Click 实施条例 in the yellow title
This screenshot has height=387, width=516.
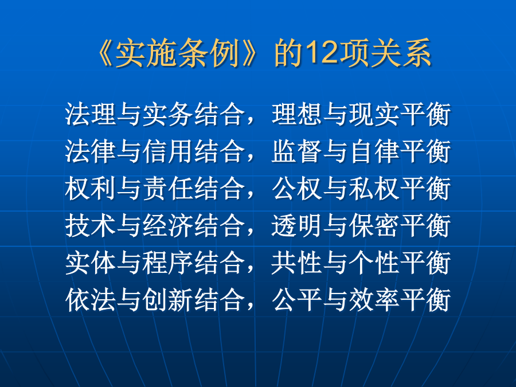(178, 53)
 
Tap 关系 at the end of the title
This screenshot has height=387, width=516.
(401, 53)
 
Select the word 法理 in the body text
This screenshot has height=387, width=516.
(91, 114)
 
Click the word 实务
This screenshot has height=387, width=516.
(168, 114)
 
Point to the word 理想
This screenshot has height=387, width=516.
(297, 114)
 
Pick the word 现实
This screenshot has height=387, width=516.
(374, 114)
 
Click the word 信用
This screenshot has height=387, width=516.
(168, 151)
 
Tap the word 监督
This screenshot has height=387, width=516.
(297, 151)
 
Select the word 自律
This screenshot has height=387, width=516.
(374, 151)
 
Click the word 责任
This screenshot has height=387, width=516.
(168, 189)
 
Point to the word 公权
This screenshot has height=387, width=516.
(297, 189)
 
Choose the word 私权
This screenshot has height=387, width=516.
(374, 189)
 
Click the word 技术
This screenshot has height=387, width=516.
(91, 226)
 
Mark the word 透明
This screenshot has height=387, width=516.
(297, 226)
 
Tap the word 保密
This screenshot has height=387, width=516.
(374, 226)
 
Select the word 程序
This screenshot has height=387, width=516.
(168, 263)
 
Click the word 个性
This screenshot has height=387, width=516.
(374, 263)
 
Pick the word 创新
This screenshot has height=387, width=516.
(168, 300)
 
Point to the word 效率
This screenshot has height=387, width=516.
(374, 300)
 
